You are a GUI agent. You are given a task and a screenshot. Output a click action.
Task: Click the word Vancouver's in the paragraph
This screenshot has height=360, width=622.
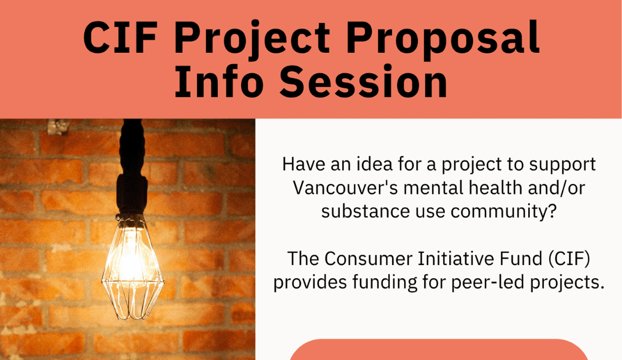coord(344,188)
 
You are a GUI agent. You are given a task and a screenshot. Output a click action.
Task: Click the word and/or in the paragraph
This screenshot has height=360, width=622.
coord(558,188)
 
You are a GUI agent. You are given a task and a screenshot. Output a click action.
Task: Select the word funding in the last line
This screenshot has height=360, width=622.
coord(380,282)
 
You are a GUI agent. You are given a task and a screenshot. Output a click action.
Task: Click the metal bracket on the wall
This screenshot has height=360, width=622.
coord(58,127)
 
